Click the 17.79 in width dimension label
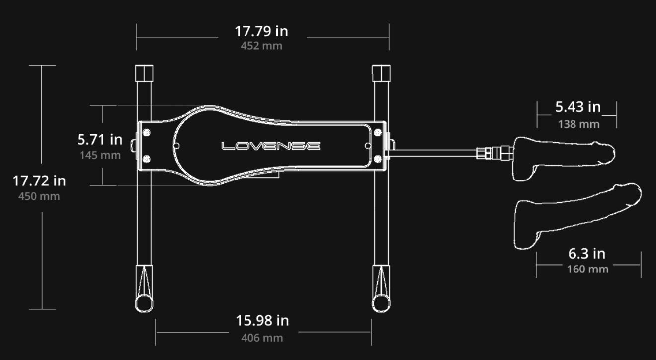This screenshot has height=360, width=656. pos(261,31)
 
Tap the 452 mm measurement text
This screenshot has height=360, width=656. pos(261,46)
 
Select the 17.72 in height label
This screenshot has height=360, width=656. pos(39,180)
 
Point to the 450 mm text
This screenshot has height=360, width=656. pos(39,196)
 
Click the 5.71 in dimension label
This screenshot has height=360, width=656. pos(100,139)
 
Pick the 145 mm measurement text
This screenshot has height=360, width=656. pos(100,155)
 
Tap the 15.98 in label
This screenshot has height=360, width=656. pos(262,320)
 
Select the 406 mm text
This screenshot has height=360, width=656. pos(262,338)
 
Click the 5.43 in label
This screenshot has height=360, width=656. pos(578,107)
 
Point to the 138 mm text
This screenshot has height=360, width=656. pos(578,124)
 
